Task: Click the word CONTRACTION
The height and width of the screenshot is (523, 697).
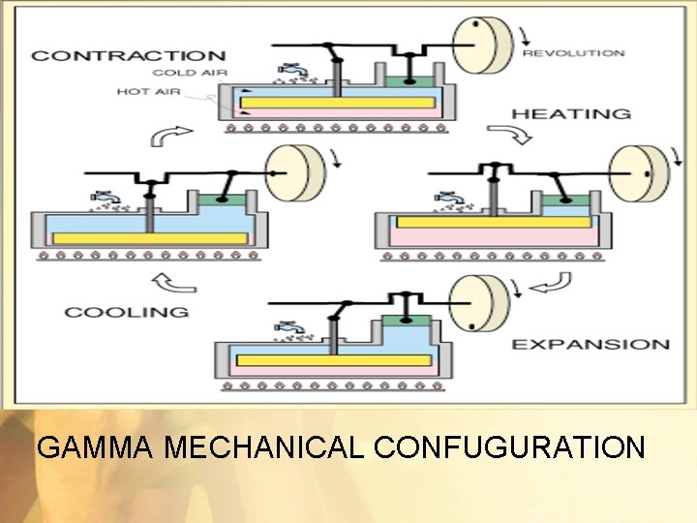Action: (x=128, y=55)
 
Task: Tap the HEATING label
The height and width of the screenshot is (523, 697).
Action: (x=570, y=113)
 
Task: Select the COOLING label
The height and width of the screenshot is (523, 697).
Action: (x=126, y=312)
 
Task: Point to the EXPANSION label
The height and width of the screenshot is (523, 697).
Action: (x=590, y=344)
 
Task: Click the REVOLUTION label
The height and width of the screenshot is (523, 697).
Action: (x=575, y=53)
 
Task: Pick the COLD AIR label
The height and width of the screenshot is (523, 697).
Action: (x=190, y=73)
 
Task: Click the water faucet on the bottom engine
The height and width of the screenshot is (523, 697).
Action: (x=288, y=327)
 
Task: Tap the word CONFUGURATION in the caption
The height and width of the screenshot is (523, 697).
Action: (x=508, y=447)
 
